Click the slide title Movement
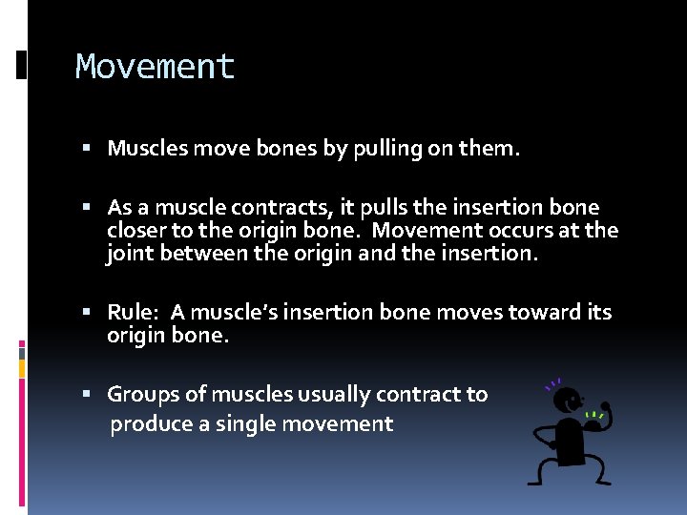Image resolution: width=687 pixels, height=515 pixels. click(155, 67)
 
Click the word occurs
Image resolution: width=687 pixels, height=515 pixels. click(518, 230)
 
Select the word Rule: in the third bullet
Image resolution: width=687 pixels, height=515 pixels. click(133, 313)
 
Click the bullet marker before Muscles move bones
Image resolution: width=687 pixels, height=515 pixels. click(87, 149)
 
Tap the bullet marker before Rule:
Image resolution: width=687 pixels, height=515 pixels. click(87, 313)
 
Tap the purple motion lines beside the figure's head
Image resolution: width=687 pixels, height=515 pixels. click(552, 385)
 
